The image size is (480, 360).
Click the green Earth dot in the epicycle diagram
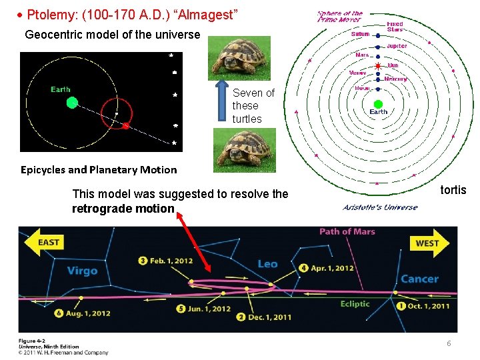tap(72, 102)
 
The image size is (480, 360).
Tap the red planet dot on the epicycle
tap(125, 124)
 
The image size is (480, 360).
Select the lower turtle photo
tap(244, 150)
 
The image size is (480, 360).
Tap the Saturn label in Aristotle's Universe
tap(360, 34)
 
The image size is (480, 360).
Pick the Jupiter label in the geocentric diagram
tap(397, 46)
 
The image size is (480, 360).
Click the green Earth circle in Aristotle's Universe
tap(378, 103)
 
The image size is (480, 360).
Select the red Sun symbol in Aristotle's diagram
tap(377, 67)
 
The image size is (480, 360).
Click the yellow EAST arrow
tap(43, 242)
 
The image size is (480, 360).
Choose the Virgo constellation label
tap(82, 271)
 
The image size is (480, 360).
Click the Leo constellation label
tap(267, 264)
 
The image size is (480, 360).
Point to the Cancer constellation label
tap(419, 279)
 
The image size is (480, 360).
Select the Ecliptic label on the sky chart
tap(355, 304)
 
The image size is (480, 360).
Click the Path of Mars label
tap(347, 231)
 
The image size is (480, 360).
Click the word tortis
tap(453, 190)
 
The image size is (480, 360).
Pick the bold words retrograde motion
tap(123, 209)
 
